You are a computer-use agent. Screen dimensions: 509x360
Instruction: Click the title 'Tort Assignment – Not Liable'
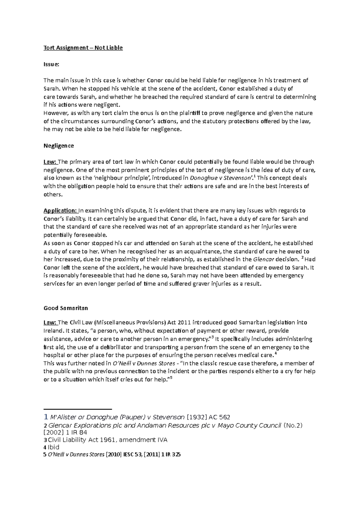click(x=83, y=48)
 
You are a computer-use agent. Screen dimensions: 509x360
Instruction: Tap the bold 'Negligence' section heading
click(x=58, y=146)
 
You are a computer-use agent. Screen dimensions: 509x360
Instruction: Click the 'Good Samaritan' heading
click(x=66, y=308)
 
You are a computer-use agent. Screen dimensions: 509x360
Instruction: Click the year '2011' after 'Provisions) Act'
click(x=184, y=323)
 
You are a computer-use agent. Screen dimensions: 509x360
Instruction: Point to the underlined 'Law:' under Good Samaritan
click(x=50, y=323)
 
